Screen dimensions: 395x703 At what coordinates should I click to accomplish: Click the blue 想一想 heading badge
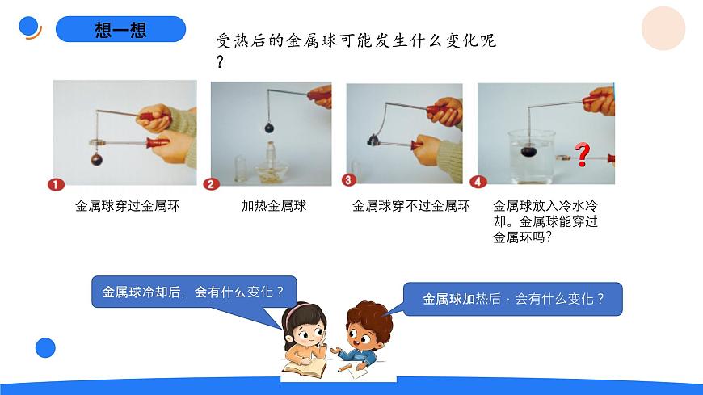coord(120,30)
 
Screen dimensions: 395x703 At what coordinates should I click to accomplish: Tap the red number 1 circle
coord(56,184)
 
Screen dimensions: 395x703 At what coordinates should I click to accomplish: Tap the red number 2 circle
coord(212,184)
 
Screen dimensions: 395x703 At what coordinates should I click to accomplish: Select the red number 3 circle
coord(349,180)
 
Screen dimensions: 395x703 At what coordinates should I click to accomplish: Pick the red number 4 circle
coord(479,182)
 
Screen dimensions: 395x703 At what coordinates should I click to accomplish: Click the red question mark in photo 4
coord(582,154)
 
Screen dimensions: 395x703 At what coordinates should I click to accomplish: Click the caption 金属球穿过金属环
coord(128,206)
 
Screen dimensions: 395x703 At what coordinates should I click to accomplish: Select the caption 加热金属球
coord(274,206)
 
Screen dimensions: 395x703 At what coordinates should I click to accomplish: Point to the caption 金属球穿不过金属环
coord(410,206)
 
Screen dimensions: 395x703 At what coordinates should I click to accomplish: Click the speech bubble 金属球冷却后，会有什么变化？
coord(194,292)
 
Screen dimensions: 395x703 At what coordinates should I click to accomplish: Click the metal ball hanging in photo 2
coord(269,128)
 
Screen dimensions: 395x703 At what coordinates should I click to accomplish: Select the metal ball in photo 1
coord(97,159)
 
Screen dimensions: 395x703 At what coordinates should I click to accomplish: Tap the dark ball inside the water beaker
coord(529,150)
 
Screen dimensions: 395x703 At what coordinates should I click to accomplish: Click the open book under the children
coord(305,368)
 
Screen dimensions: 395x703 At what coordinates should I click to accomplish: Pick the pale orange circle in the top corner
coord(663,29)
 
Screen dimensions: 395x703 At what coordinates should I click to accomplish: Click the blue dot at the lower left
coord(45,348)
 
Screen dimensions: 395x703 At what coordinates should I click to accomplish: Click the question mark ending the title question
coord(220,62)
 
